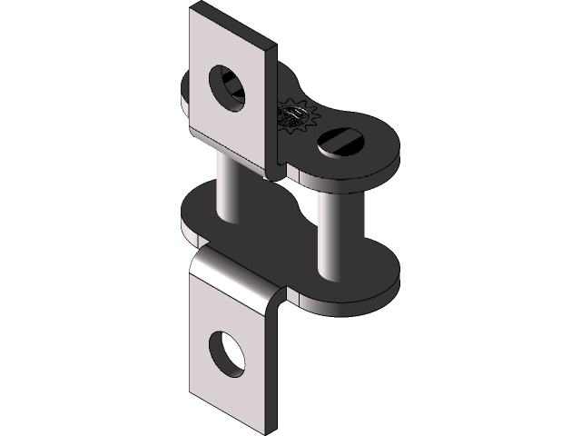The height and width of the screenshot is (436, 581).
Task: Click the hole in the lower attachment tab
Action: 226,353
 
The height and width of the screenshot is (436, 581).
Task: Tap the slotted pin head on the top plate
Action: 342,142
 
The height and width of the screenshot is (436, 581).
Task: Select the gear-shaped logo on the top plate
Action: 294,116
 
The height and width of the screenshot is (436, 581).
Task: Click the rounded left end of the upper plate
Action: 186,91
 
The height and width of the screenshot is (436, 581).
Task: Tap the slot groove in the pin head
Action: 342,141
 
